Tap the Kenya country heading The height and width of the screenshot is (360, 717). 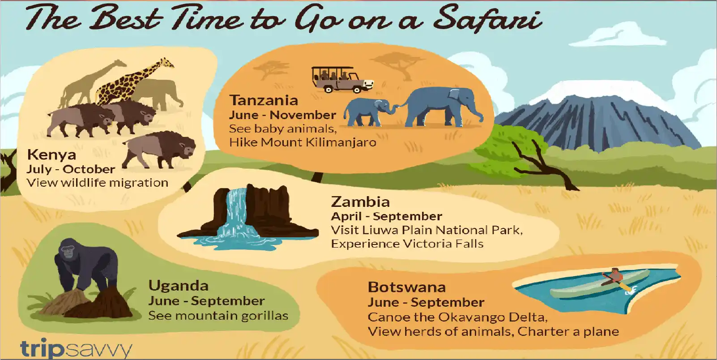pos(51,155)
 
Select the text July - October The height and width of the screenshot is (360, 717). pos(71,169)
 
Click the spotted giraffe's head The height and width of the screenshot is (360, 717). pos(166,62)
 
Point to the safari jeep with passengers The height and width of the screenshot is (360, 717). pos(341,80)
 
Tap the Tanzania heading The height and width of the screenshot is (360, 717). pos(264,100)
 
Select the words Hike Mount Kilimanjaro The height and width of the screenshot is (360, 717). pos(303,143)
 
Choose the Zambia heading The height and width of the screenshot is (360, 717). pos(360,202)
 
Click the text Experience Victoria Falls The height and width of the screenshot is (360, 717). pos(407,244)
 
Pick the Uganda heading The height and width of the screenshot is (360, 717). pos(178,286)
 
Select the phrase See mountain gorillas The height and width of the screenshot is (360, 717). pos(218,316)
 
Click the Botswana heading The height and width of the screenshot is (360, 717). pos(406,287)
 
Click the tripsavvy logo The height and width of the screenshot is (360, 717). pos(76,348)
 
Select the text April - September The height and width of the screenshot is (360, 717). pos(386,216)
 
